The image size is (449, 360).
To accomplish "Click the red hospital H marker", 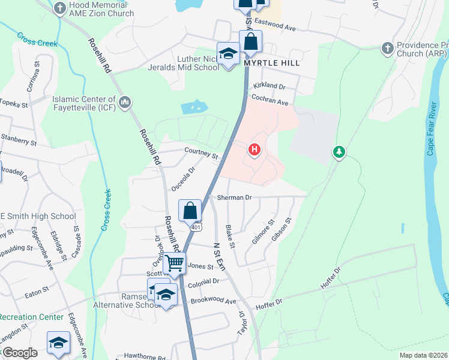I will pos(255,149).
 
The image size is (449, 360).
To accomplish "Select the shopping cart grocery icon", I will pos(174,262).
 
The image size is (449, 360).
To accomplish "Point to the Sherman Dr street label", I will pos(234,197).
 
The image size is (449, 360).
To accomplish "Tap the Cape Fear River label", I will pos(430,130).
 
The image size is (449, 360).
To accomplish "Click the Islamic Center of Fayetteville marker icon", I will pos(125,103).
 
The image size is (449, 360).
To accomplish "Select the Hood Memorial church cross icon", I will pos(59,8).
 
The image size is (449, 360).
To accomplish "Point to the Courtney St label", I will pos(201,153).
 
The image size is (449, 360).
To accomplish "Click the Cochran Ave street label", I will pos(270,100).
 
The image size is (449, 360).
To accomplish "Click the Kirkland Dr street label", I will pos(270,86).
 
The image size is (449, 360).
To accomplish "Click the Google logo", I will pos(19,353).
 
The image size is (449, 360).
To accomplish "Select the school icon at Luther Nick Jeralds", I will pos(228,55).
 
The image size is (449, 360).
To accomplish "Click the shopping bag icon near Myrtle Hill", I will pos(250,43).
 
